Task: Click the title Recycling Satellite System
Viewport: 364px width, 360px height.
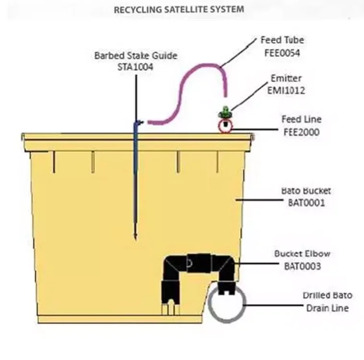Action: click(179, 9)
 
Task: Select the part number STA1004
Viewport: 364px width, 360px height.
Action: click(135, 67)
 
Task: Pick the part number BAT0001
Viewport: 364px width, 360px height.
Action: click(306, 203)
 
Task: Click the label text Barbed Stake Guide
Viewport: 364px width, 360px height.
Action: click(135, 56)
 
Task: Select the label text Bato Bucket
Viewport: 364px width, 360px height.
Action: click(306, 191)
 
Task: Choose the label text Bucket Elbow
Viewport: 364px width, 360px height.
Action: click(302, 253)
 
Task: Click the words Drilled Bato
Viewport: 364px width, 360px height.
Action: click(327, 296)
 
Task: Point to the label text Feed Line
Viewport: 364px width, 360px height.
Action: click(301, 120)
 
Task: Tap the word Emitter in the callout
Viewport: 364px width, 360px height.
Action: click(286, 78)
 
